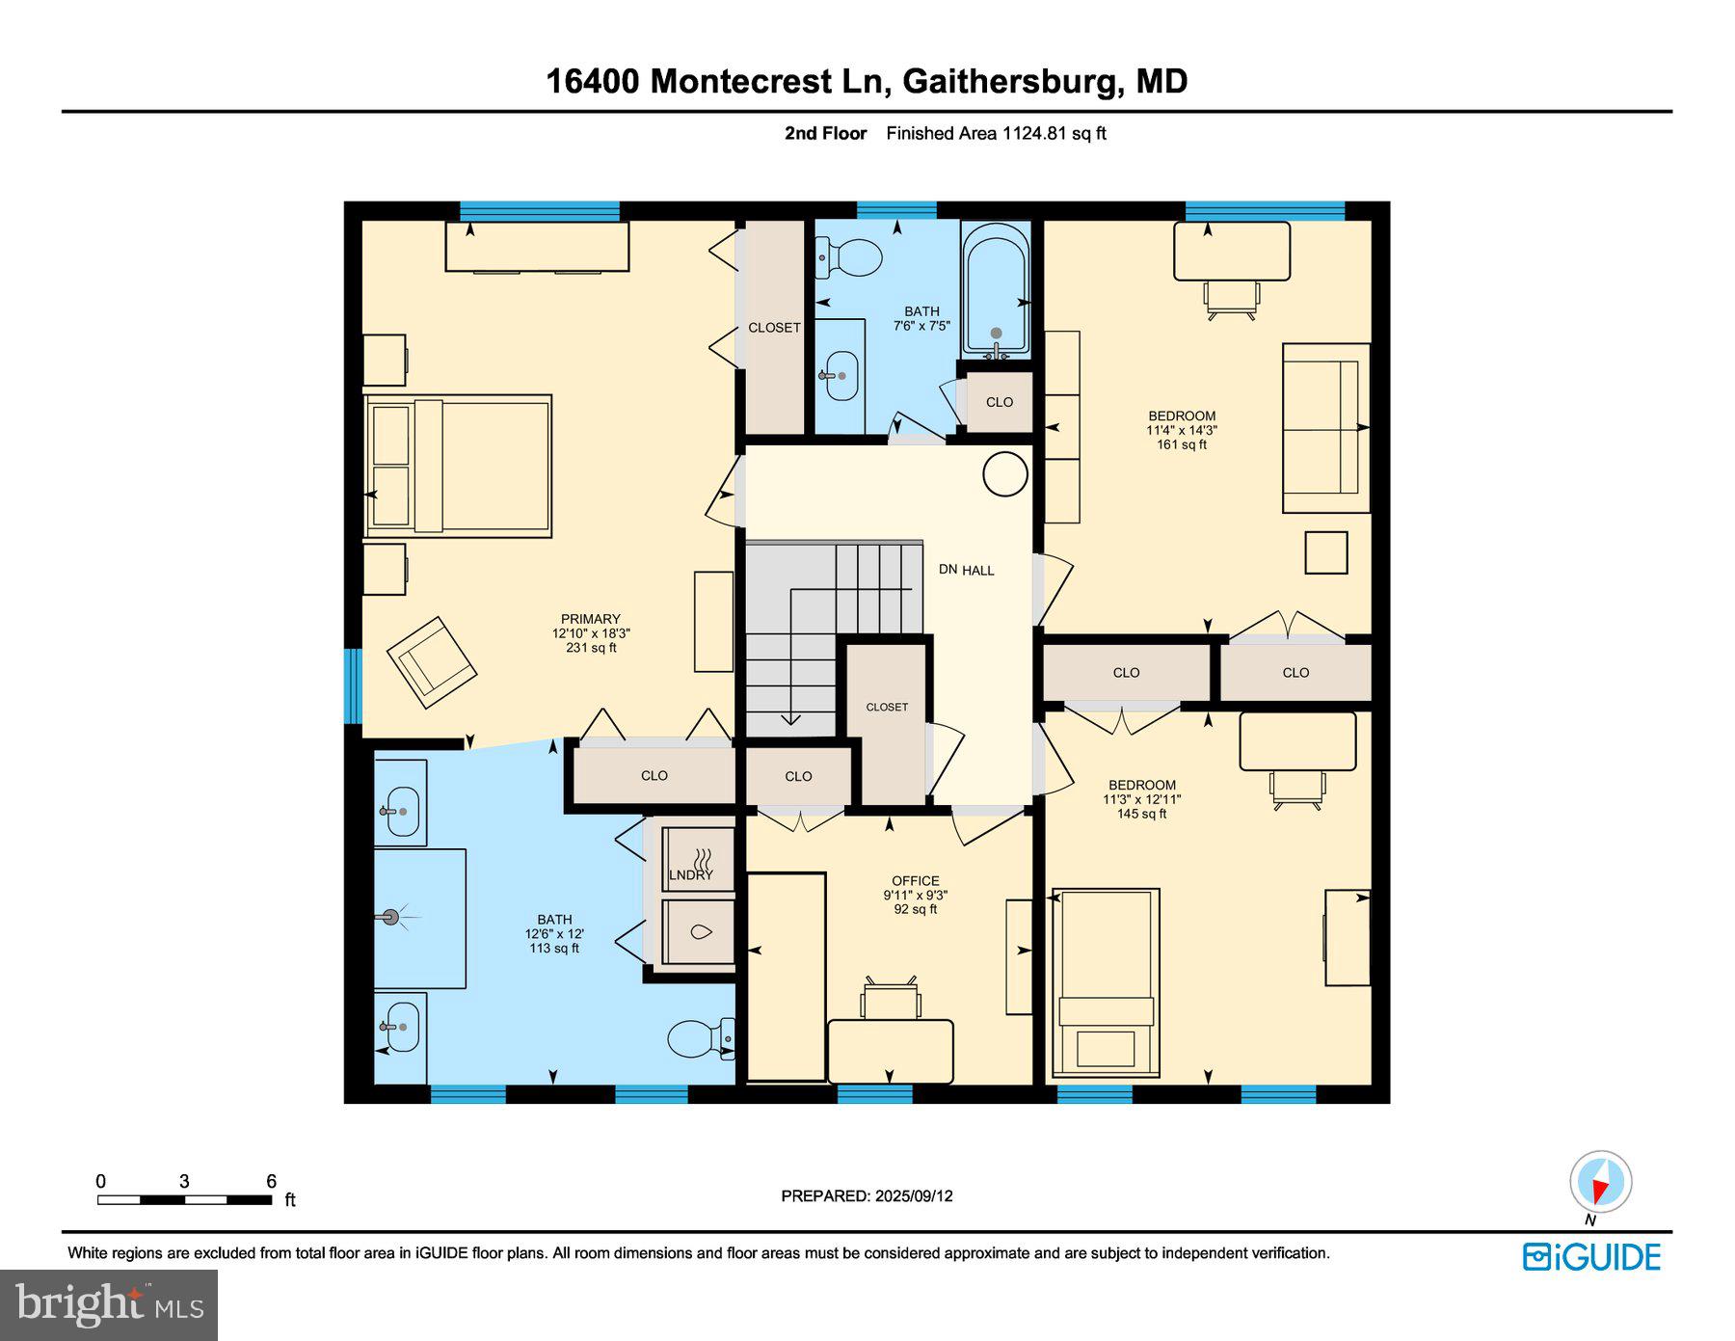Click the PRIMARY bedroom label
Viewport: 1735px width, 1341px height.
pos(591,619)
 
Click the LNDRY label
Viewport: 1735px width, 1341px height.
pos(691,875)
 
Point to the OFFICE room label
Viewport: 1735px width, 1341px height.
pos(915,880)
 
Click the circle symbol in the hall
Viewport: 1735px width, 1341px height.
pos(1004,474)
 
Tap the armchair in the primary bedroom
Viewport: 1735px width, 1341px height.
pos(431,660)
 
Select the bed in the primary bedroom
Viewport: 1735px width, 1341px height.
pos(458,466)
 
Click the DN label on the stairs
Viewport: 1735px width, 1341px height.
pos(948,570)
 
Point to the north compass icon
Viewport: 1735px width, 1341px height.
pos(1600,1182)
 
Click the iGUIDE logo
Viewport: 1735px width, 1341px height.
pos(1591,1257)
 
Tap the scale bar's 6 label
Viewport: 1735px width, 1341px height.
pos(272,1181)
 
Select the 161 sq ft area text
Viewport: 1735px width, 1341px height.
pos(1182,444)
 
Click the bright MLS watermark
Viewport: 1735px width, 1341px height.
pos(109,1304)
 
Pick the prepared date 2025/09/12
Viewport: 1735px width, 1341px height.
pos(914,1195)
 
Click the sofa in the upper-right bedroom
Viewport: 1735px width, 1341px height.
pos(1325,428)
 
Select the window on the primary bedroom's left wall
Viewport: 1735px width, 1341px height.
pos(353,685)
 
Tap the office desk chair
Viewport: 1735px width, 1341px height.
pos(890,999)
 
